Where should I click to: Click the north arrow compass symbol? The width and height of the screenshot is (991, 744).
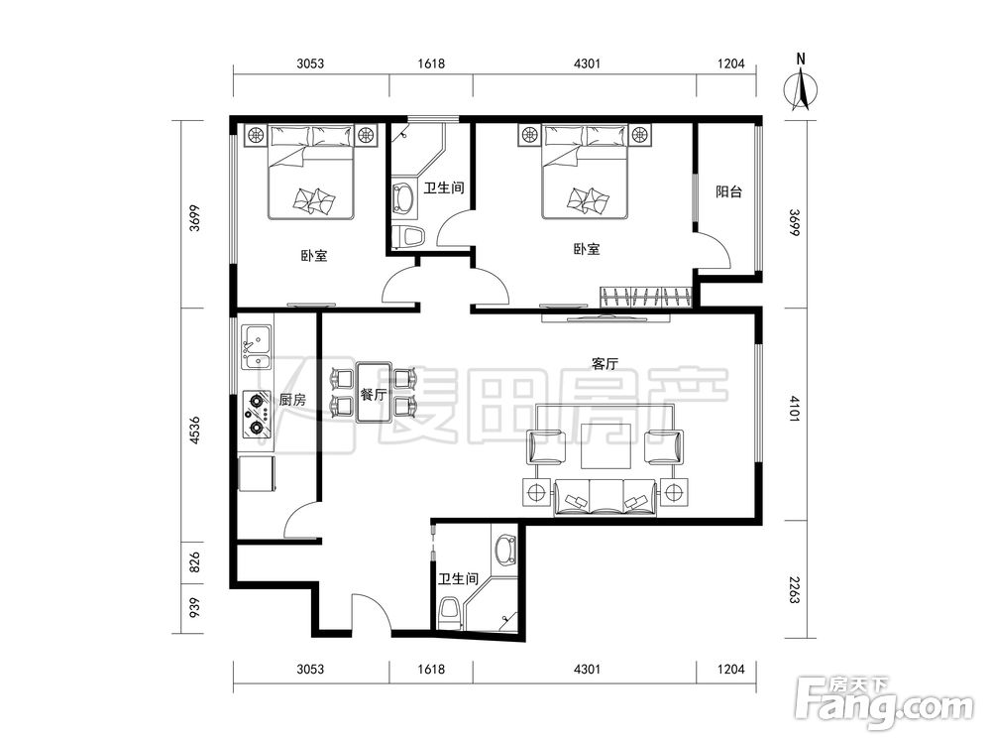(801, 88)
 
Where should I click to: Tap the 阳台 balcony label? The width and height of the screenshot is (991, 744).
(728, 191)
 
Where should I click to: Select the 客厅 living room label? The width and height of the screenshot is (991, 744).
(605, 364)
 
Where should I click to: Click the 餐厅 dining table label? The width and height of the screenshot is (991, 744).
(374, 395)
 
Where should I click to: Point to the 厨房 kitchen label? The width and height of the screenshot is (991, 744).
(292, 399)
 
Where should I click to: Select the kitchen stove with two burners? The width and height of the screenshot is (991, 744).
(257, 414)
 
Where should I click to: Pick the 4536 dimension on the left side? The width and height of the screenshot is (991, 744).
(194, 431)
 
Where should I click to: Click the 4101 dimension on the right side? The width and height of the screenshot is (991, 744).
(795, 410)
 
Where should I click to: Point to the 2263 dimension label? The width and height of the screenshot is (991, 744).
(795, 589)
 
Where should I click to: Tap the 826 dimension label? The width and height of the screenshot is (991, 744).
(194, 562)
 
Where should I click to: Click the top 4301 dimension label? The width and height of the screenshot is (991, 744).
(587, 63)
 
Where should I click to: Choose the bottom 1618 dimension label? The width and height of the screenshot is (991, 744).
(431, 669)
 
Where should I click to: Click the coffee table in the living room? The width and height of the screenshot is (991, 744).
(606, 446)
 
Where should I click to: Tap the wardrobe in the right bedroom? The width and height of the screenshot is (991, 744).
(646, 298)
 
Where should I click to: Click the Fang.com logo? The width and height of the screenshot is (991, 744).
(885, 701)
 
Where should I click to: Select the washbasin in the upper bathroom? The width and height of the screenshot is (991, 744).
(403, 197)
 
